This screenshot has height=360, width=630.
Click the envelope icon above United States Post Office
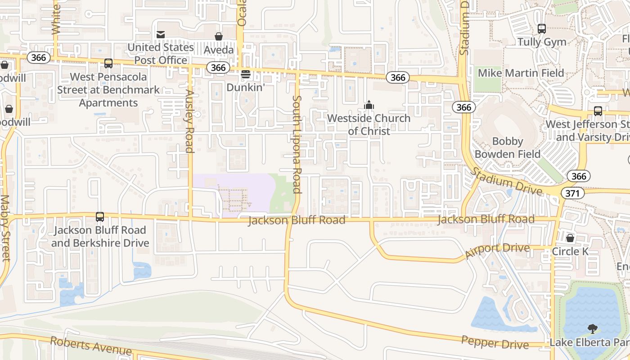click(160, 35)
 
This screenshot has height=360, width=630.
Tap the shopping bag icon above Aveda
click(219, 36)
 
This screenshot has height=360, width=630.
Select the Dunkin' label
click(246, 87)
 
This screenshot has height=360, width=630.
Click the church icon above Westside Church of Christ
click(369, 105)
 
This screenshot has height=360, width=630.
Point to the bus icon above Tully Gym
click(542, 29)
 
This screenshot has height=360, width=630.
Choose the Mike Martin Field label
click(521, 73)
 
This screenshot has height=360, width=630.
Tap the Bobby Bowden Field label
click(508, 148)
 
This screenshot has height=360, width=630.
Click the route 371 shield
click(572, 193)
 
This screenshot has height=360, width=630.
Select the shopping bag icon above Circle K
click(570, 238)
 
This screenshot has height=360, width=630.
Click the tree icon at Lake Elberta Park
click(593, 329)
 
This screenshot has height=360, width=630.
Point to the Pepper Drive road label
click(495, 342)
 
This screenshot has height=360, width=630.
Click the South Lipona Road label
click(297, 144)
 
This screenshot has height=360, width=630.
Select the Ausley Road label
click(189, 121)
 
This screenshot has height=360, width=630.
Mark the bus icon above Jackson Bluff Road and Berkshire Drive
click(100, 217)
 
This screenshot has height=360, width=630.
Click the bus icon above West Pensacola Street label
click(108, 63)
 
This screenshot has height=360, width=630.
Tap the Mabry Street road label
click(5, 228)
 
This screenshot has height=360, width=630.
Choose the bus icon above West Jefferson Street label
click(598, 111)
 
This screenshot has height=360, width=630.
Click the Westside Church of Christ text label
click(369, 125)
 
